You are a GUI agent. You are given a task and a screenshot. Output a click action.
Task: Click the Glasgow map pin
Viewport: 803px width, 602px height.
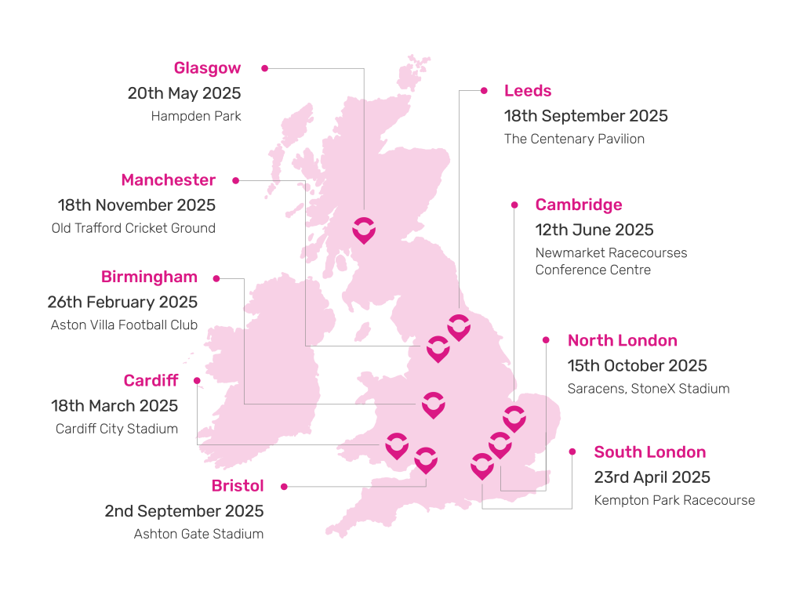click(363, 230)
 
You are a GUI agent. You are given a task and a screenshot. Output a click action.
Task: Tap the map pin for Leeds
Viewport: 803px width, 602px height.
click(459, 326)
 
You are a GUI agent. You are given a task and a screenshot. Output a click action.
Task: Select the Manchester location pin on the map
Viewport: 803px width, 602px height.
click(438, 348)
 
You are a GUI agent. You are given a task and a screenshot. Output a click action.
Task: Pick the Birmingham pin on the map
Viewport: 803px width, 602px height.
click(433, 404)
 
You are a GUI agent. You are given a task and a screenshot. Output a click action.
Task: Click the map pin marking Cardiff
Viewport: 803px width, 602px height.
click(397, 445)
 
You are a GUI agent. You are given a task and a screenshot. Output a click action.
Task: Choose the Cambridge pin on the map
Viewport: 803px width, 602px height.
click(514, 419)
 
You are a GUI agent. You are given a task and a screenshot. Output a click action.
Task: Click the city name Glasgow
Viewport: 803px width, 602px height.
click(207, 68)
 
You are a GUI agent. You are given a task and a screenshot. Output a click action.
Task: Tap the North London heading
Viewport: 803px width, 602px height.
click(622, 340)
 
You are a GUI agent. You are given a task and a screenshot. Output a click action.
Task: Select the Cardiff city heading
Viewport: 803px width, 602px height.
click(151, 381)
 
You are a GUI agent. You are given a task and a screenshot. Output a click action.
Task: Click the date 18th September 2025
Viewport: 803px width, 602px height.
click(586, 116)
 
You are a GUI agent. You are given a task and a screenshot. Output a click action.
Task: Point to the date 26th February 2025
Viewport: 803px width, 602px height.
click(122, 302)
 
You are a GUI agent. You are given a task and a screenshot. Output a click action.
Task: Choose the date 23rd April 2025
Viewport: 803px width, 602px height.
click(652, 477)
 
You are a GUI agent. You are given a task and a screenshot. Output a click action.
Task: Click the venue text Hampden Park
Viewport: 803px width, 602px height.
click(196, 116)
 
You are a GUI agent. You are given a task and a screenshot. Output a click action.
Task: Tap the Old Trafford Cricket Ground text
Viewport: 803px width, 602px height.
click(133, 228)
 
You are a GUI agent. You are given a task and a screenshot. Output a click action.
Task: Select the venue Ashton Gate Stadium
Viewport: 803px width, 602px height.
click(198, 534)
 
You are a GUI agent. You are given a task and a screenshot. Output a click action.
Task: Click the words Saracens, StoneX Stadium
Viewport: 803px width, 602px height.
click(649, 389)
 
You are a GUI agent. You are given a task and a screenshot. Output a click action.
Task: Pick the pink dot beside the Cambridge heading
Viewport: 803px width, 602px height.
click(514, 205)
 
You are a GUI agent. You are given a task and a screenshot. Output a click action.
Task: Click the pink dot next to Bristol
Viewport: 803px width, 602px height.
click(284, 486)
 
